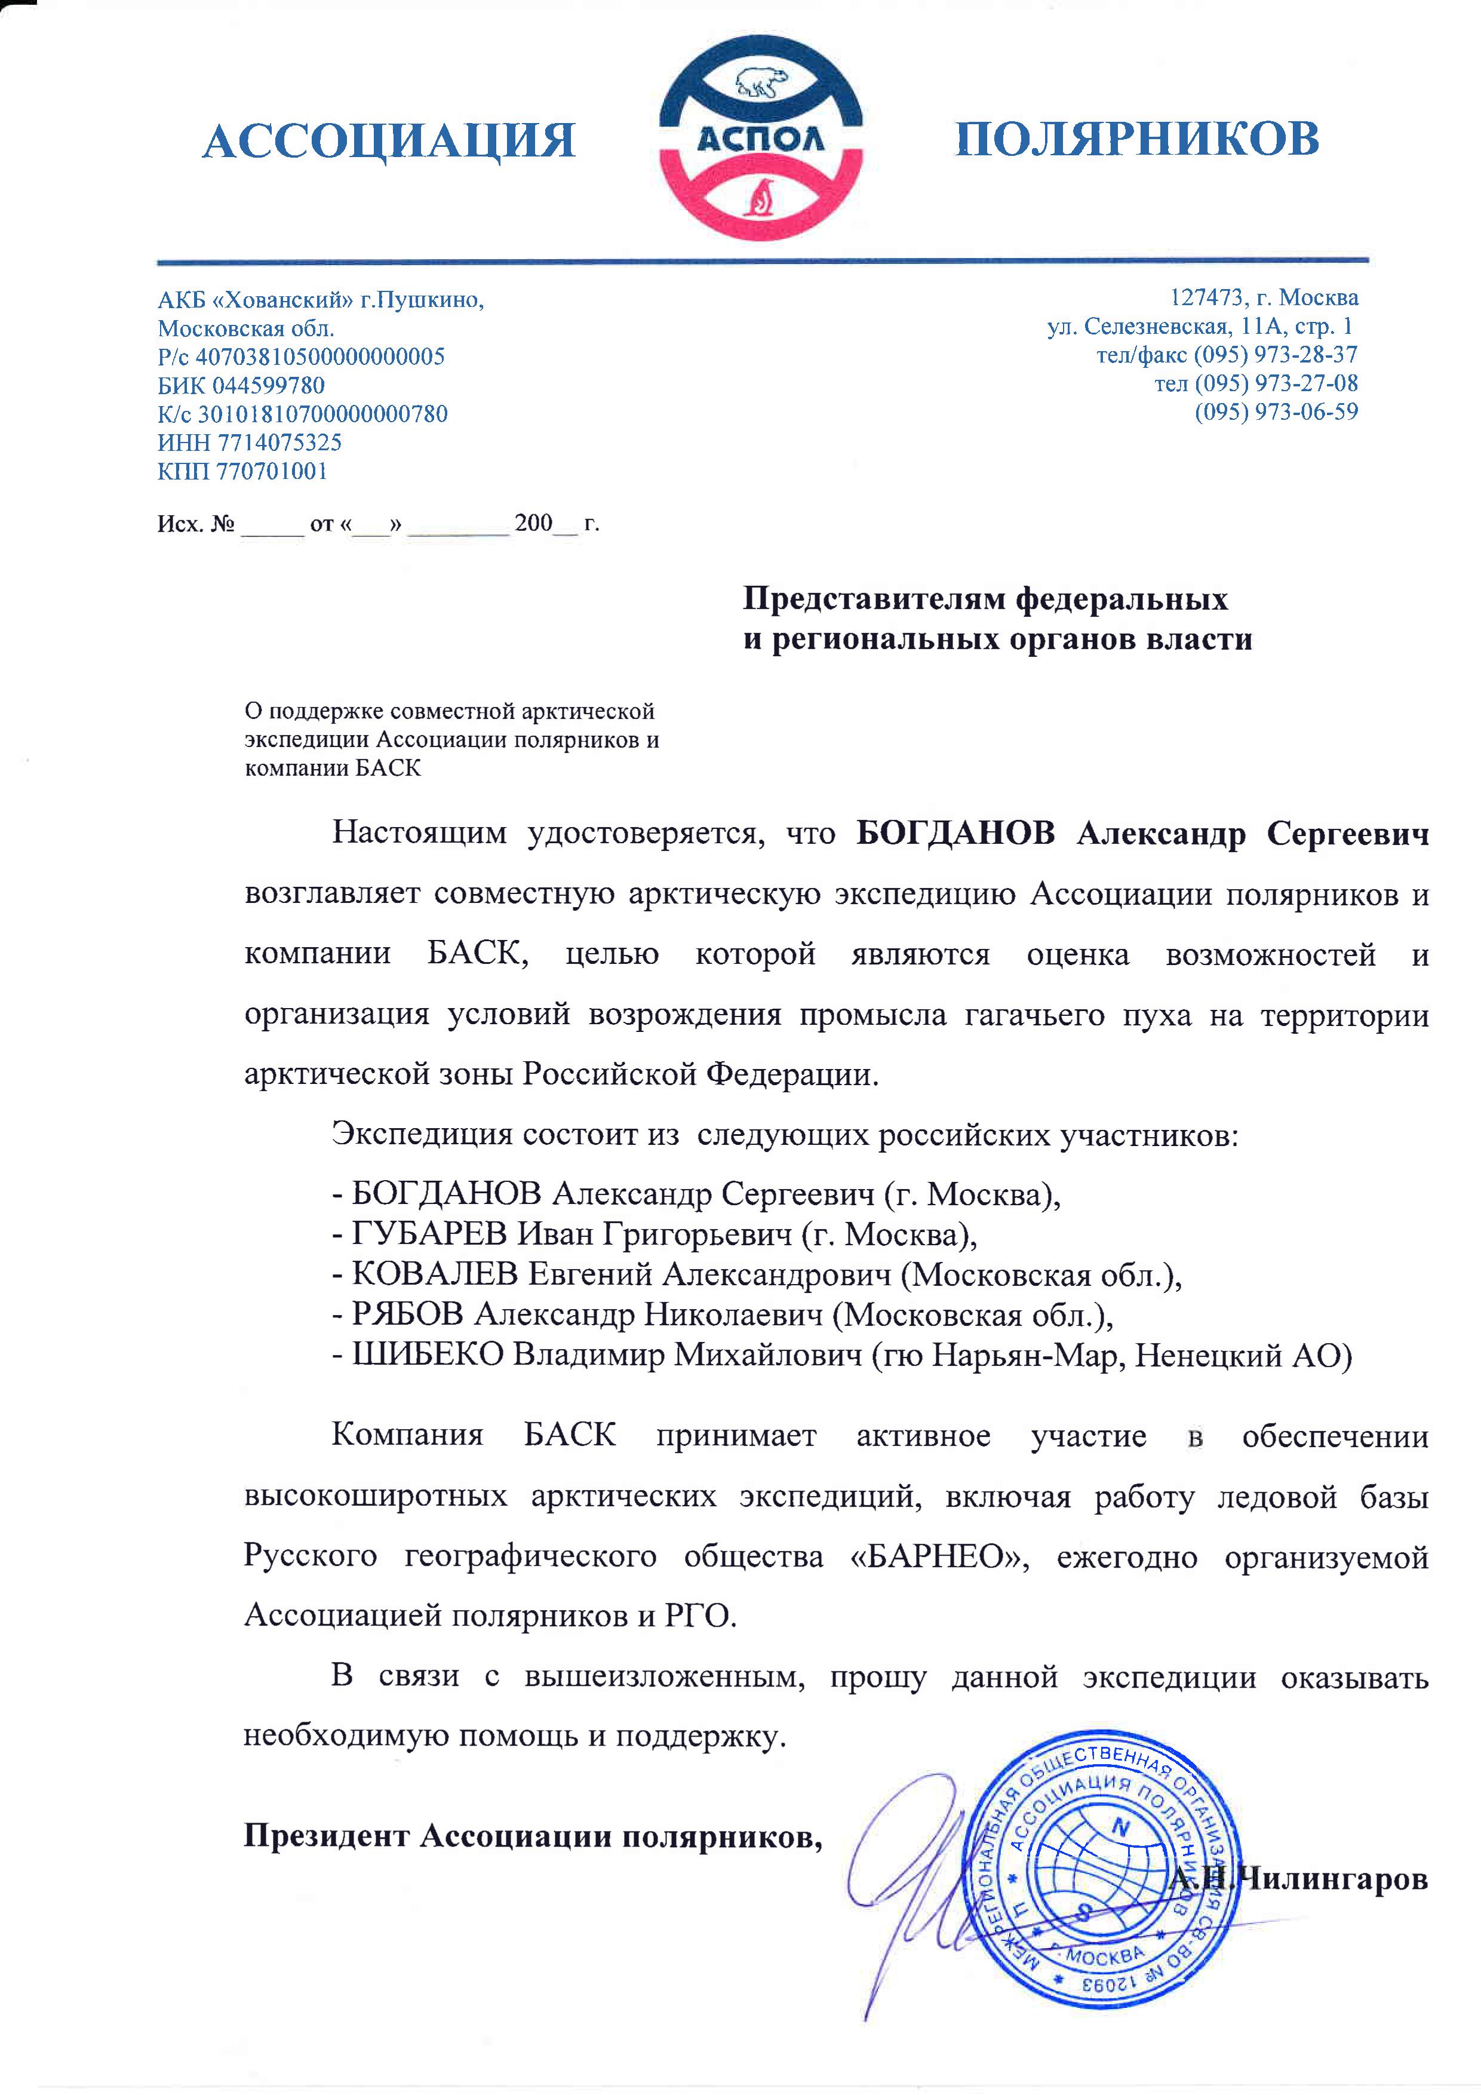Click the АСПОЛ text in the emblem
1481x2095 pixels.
click(760, 139)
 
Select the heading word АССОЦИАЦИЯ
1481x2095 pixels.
click(389, 142)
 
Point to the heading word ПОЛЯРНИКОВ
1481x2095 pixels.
click(1137, 139)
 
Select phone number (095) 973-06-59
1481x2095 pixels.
click(1276, 411)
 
